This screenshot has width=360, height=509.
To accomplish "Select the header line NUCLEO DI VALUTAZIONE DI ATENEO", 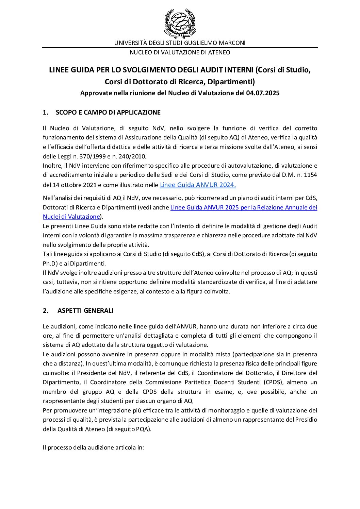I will tap(180, 52).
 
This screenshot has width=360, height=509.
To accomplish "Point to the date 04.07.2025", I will tap(263, 93).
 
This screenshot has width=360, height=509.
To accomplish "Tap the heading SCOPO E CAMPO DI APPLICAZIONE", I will tap(108, 113).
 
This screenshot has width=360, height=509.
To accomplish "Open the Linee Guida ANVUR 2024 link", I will tap(198, 185).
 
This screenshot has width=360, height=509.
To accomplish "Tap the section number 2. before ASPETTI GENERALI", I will tap(46, 310).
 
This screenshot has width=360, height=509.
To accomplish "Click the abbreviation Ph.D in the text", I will tap(50, 264).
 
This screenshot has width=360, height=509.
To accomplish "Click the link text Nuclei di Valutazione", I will tap(71, 217).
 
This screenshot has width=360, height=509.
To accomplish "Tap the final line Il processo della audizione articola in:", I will tap(94, 447).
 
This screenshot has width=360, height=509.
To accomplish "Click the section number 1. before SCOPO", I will tap(45, 113).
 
